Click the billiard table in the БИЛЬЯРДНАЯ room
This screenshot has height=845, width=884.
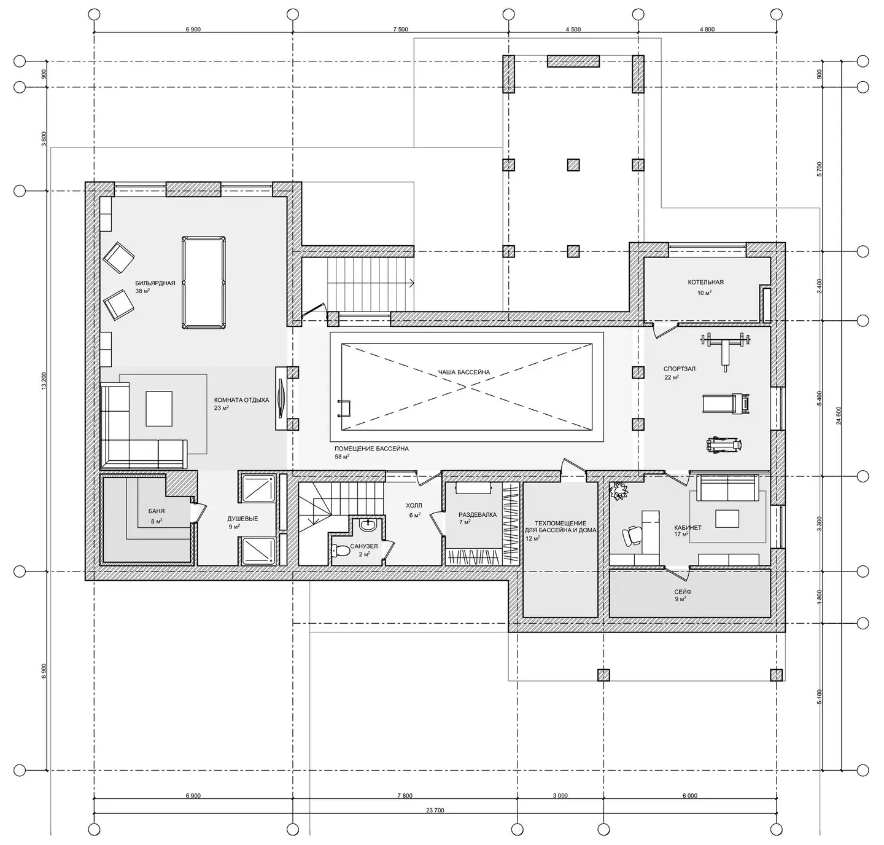204,283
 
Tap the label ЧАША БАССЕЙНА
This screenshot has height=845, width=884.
464,372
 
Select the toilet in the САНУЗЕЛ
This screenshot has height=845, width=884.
340,551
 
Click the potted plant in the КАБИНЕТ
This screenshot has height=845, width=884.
618,491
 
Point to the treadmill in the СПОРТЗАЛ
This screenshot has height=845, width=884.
726,403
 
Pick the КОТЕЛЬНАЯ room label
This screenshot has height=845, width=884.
705,282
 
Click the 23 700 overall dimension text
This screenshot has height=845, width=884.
435,810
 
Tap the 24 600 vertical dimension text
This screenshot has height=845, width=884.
839,415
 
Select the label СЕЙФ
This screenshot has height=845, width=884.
683,592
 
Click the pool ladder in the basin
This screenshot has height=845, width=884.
344,408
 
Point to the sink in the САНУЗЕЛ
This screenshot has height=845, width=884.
367,525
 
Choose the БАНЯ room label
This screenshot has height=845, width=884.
157,511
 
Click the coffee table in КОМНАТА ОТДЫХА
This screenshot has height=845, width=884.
159,409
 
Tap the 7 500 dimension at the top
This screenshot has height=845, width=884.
400,29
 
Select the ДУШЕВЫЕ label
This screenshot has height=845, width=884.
242,519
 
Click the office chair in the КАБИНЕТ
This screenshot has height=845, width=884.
631,536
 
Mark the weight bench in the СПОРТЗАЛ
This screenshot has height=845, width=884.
725,350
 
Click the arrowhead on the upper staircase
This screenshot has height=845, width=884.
411,283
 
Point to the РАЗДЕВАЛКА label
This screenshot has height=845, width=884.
478,515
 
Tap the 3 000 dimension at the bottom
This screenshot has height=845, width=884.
560,795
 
